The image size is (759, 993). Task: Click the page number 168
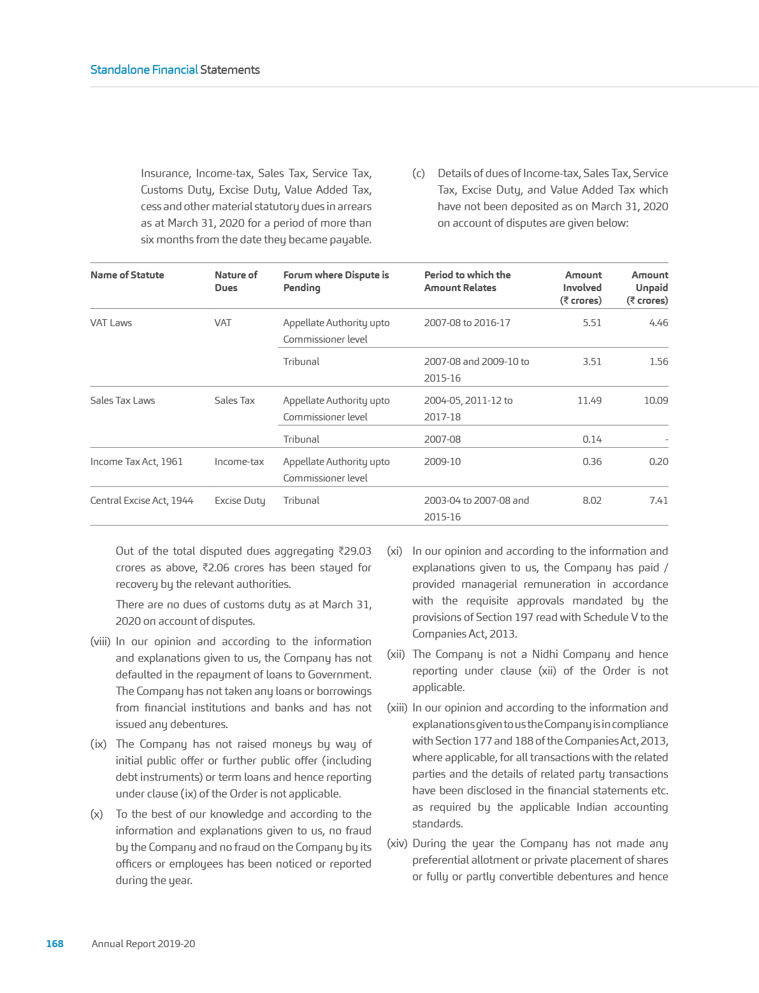[x=55, y=943]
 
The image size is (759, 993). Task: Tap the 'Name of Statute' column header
[x=127, y=275]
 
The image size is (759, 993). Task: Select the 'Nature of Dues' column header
[x=236, y=281]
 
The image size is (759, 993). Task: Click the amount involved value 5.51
[x=591, y=323]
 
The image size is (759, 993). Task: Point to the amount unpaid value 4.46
[x=658, y=323]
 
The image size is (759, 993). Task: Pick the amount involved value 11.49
[x=589, y=401]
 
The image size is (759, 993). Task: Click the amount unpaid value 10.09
[x=656, y=401]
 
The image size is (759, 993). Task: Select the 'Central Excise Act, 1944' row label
[x=141, y=501]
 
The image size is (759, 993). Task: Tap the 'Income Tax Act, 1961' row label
[x=136, y=462]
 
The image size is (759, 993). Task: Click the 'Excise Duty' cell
[x=240, y=501]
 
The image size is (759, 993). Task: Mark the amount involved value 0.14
[x=591, y=439]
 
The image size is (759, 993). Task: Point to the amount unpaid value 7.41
[x=658, y=501]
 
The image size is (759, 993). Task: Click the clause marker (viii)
[x=100, y=642]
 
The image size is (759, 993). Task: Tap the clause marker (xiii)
[x=397, y=708]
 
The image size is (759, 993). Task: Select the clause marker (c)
[x=418, y=174]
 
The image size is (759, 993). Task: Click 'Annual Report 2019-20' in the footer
[x=143, y=943]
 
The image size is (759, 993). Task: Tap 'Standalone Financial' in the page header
[x=144, y=70]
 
